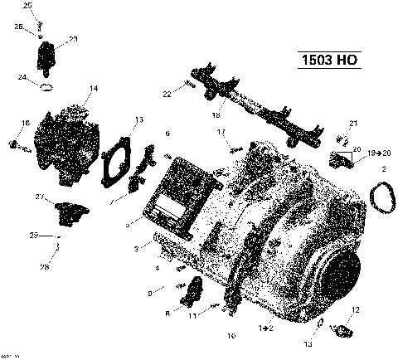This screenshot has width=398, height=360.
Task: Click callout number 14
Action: coord(94,88)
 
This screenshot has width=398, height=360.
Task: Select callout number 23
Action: coord(73,39)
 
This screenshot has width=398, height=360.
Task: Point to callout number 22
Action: coord(167,94)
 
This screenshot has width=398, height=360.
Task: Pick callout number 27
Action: coord(39,197)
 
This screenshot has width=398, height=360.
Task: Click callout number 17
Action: coord(221,133)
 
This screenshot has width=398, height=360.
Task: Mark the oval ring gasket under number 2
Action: coord(382,198)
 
